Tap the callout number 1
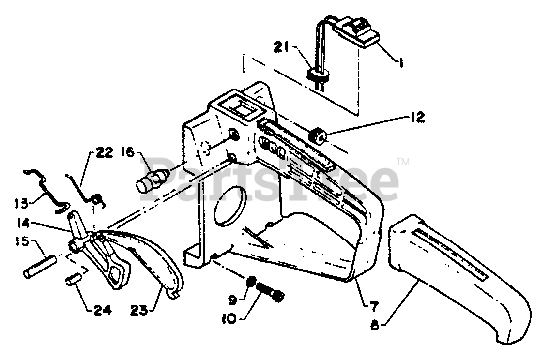[401, 62]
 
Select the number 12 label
[417, 117]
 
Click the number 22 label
[104, 153]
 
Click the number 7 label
[375, 305]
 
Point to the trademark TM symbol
[402, 161]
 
